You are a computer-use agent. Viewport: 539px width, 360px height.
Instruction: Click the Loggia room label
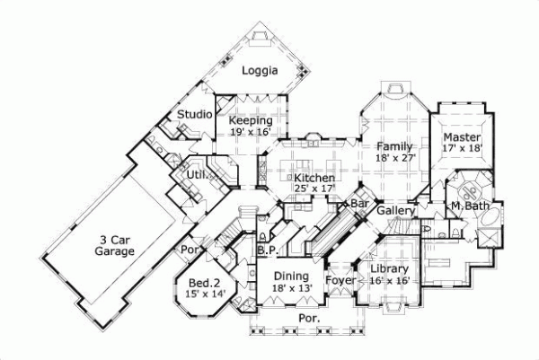point(261,70)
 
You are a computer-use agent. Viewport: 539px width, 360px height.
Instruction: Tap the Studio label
point(194,115)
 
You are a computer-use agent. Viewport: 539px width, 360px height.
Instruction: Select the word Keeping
point(251,120)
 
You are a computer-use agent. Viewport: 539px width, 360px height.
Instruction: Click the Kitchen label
point(314,179)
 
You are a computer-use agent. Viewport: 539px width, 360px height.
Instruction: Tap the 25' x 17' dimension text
point(314,189)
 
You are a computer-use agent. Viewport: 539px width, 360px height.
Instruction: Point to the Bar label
point(359,205)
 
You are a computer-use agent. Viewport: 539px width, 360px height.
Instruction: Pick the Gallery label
point(395,210)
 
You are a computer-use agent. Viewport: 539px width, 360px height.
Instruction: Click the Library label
point(389,268)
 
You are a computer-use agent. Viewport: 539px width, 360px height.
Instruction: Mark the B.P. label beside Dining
point(266,250)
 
